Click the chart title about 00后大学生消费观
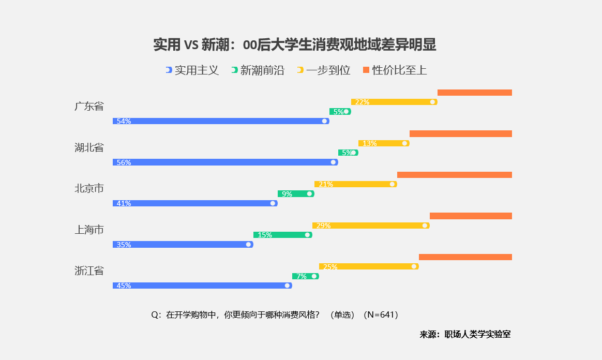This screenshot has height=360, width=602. point(295,46)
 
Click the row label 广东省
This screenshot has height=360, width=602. point(89,107)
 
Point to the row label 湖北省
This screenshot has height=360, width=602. point(89,147)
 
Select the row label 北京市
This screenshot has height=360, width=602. point(89,188)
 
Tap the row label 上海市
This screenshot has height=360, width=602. point(89,230)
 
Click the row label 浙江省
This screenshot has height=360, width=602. point(89,271)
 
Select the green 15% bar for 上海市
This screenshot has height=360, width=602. point(283,235)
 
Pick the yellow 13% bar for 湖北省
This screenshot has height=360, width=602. point(384,143)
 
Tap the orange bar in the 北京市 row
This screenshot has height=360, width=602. point(455,175)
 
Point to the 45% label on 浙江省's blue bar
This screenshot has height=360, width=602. point(124,286)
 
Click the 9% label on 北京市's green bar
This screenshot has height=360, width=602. point(287,194)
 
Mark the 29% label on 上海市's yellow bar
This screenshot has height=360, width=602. point(323,226)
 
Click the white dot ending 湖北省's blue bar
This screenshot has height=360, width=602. point(334,162)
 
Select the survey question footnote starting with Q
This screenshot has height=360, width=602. point(275,314)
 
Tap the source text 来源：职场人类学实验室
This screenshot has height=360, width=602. point(465,334)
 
